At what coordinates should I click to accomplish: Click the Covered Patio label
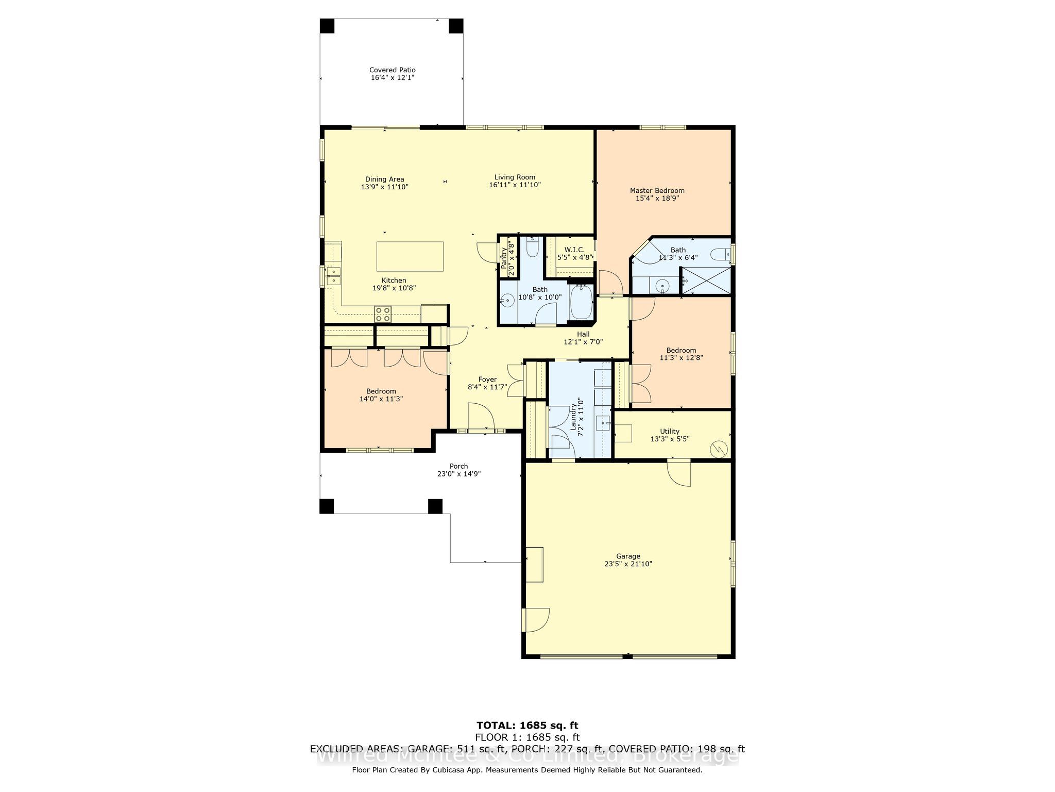click(392, 70)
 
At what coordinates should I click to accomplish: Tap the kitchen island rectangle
click(410, 256)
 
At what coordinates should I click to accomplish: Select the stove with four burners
click(383, 311)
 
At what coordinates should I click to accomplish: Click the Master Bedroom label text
click(657, 191)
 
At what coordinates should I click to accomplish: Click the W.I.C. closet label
click(571, 250)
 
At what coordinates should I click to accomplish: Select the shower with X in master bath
click(706, 280)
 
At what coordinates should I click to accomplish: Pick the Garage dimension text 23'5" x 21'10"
click(628, 564)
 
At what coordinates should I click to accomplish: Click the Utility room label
click(670, 432)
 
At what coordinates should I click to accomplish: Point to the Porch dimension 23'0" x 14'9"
click(458, 474)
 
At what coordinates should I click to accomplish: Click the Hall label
click(583, 334)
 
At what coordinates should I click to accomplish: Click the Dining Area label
click(384, 179)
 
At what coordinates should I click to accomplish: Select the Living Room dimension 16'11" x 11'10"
click(515, 185)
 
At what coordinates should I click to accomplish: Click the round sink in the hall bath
click(508, 300)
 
